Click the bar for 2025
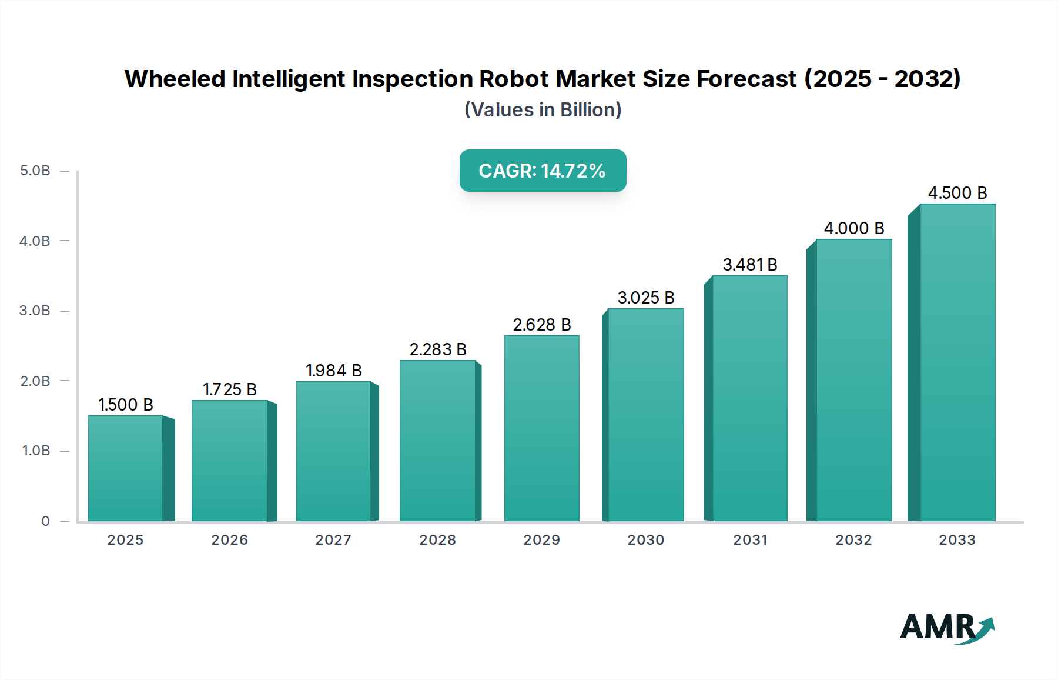click(x=125, y=468)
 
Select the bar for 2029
click(x=541, y=428)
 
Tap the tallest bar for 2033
click(x=957, y=362)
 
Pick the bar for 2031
click(x=749, y=398)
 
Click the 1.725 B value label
click(x=230, y=389)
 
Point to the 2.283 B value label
click(x=438, y=349)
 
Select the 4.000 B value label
click(x=853, y=228)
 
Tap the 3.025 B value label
click(x=645, y=298)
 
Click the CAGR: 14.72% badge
click(x=543, y=171)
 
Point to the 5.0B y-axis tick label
click(x=35, y=171)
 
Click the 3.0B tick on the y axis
click(x=35, y=311)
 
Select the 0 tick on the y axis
click(x=45, y=521)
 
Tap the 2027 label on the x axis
click(x=333, y=540)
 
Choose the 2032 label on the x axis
click(x=853, y=540)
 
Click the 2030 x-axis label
click(x=645, y=540)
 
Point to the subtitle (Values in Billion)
click(x=543, y=110)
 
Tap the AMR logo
click(x=946, y=628)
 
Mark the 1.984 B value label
click(x=333, y=371)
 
